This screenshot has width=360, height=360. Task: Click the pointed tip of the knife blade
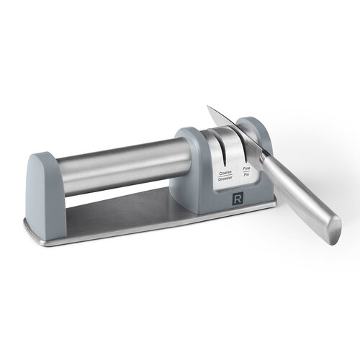pyautogui.click(x=208, y=108)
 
